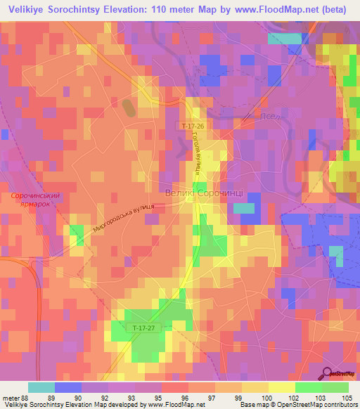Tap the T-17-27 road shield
tap(142, 327)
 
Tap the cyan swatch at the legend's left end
tap(41, 387)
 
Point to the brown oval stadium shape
tap(128, 107)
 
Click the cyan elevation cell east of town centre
tap(243, 208)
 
